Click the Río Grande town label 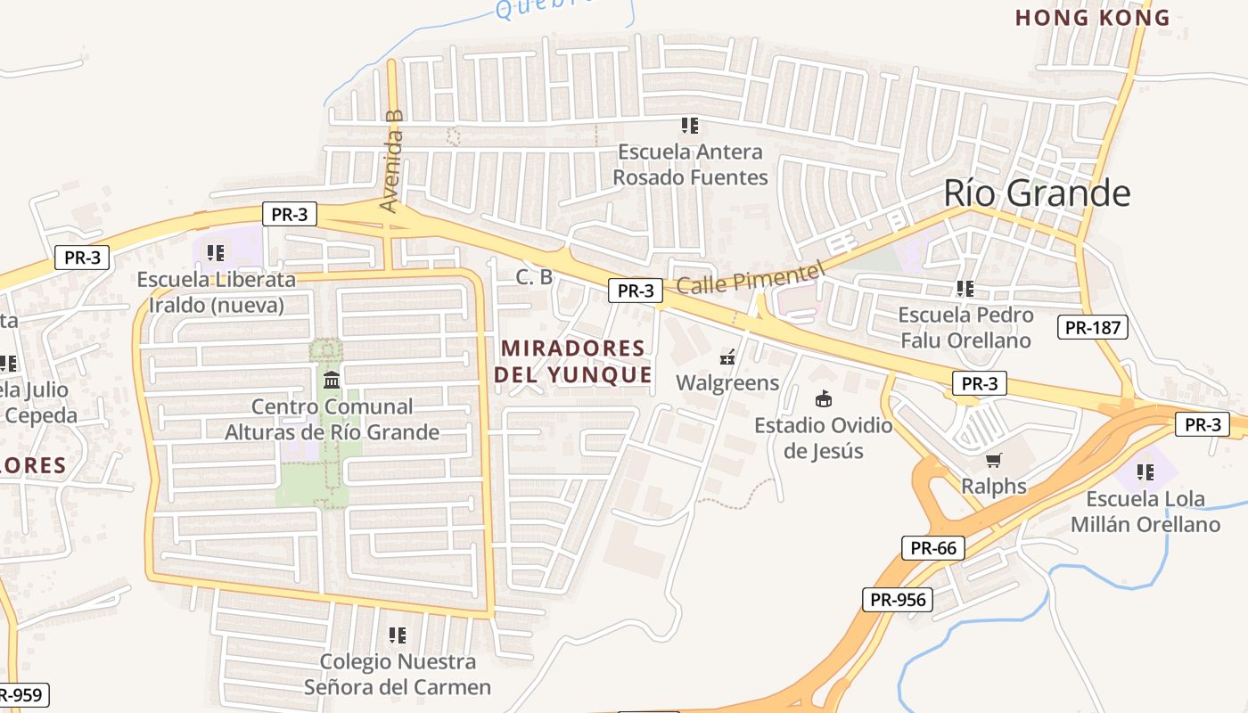(x=1037, y=193)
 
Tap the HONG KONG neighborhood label (x=1092, y=18)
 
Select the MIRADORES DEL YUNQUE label (x=573, y=361)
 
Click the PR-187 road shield (x=1093, y=327)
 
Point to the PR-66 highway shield (x=933, y=547)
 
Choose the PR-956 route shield (x=898, y=600)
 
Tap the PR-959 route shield (x=21, y=695)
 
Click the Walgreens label (x=727, y=383)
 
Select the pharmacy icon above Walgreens (x=727, y=358)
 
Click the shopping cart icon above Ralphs (x=993, y=461)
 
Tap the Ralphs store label (x=993, y=487)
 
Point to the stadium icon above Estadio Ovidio (x=823, y=399)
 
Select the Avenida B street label (x=392, y=161)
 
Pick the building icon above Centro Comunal (x=332, y=381)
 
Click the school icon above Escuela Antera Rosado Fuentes (x=689, y=126)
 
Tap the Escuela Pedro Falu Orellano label (x=965, y=327)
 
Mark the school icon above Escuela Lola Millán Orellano (x=1145, y=472)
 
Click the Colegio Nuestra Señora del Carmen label (x=398, y=674)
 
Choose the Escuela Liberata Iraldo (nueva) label (x=216, y=292)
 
